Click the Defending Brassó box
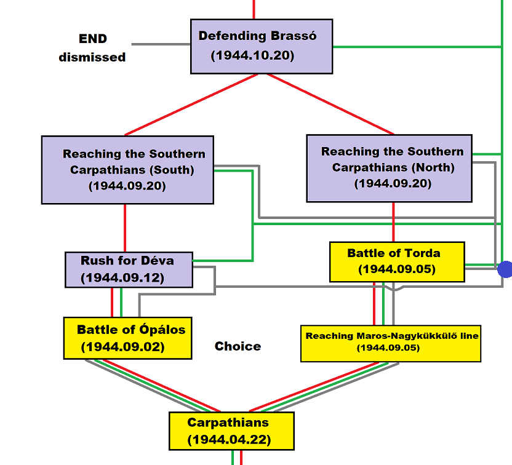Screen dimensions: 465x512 [262, 46]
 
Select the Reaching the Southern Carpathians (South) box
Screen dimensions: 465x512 [127, 170]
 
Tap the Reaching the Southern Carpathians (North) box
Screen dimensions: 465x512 [389, 169]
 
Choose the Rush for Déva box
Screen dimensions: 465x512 [128, 269]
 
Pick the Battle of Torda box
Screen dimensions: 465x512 [397, 261]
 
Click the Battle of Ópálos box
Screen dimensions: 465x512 [127, 338]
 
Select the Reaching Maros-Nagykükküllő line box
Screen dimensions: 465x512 [391, 342]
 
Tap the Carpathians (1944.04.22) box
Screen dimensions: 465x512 [231, 431]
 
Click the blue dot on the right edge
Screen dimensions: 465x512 [505, 269]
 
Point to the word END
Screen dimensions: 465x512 [93, 39]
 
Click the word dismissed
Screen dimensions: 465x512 [92, 57]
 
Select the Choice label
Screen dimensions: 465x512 [238, 346]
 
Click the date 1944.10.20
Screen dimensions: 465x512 [252, 55]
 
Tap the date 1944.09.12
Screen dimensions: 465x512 [122, 278]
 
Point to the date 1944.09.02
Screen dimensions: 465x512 [122, 347]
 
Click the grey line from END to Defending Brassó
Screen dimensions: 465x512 [161, 44]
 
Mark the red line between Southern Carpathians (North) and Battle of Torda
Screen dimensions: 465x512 [393, 221]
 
